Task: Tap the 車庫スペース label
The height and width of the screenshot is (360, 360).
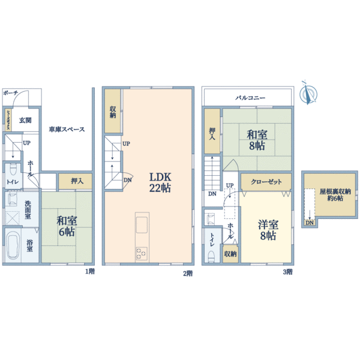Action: (x=67, y=129)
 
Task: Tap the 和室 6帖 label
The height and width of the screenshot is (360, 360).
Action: (x=67, y=226)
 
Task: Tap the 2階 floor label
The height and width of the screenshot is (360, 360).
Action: (x=187, y=273)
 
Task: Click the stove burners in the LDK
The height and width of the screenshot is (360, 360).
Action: (x=142, y=254)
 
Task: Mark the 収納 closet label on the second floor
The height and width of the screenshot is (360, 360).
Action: (x=113, y=112)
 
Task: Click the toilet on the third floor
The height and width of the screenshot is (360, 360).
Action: (x=211, y=254)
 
